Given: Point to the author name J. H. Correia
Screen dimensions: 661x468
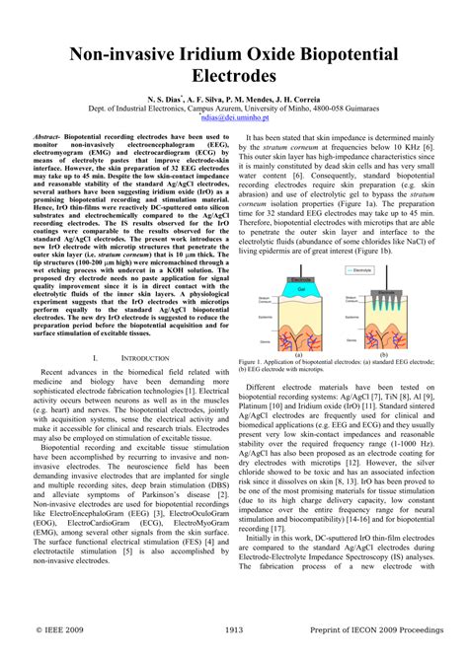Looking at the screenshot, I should [x=296, y=100].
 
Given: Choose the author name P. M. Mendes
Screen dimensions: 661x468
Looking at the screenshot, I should [x=243, y=100].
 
